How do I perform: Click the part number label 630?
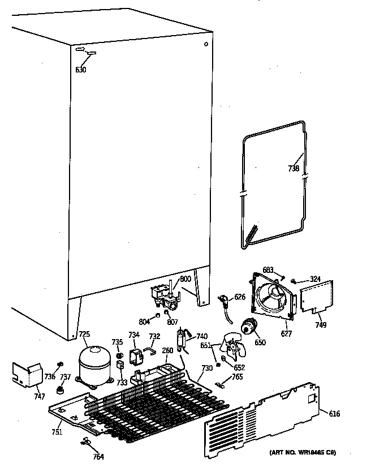[81, 70]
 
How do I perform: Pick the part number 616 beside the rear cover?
[335, 414]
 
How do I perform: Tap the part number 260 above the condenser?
[167, 350]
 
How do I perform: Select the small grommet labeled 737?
[61, 391]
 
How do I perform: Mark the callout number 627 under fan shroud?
[287, 334]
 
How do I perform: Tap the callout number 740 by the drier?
[202, 336]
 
